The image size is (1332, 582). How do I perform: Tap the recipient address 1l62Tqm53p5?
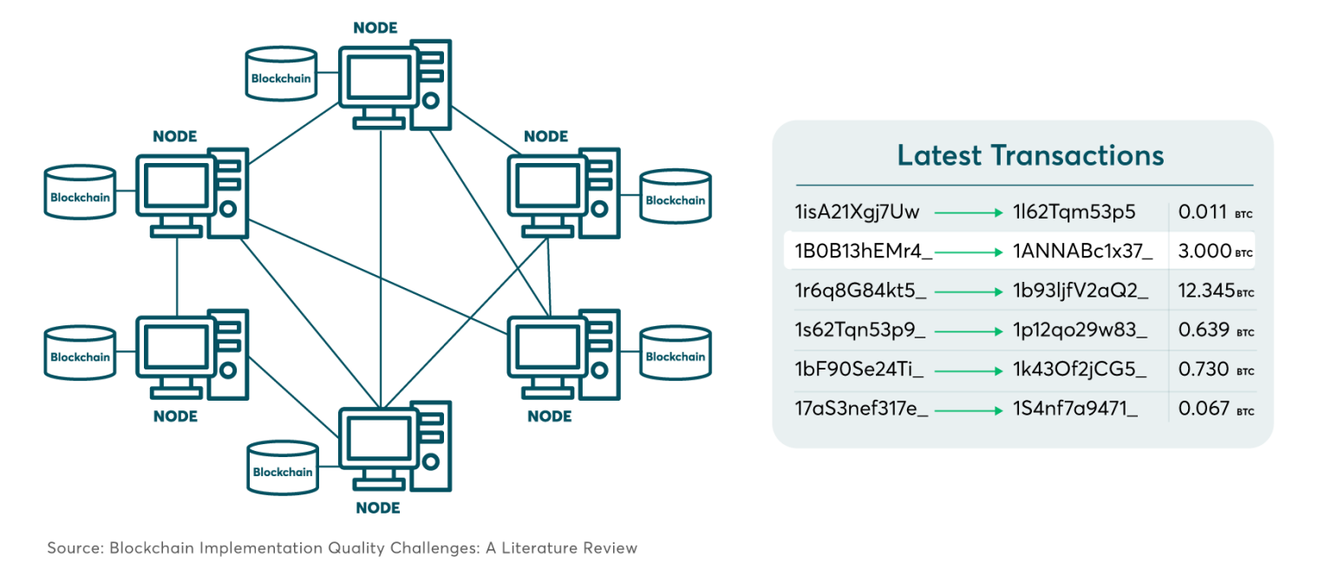coord(1074,212)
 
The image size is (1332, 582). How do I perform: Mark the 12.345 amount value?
coord(1206,291)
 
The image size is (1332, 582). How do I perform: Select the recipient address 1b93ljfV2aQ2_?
coord(1081,291)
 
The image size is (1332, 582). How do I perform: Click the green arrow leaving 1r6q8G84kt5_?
coord(969,292)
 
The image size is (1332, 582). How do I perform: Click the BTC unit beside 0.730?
coord(1245,372)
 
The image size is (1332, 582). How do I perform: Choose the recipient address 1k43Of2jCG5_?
coord(1080,370)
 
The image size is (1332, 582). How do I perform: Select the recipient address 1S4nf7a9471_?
coord(1075,409)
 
